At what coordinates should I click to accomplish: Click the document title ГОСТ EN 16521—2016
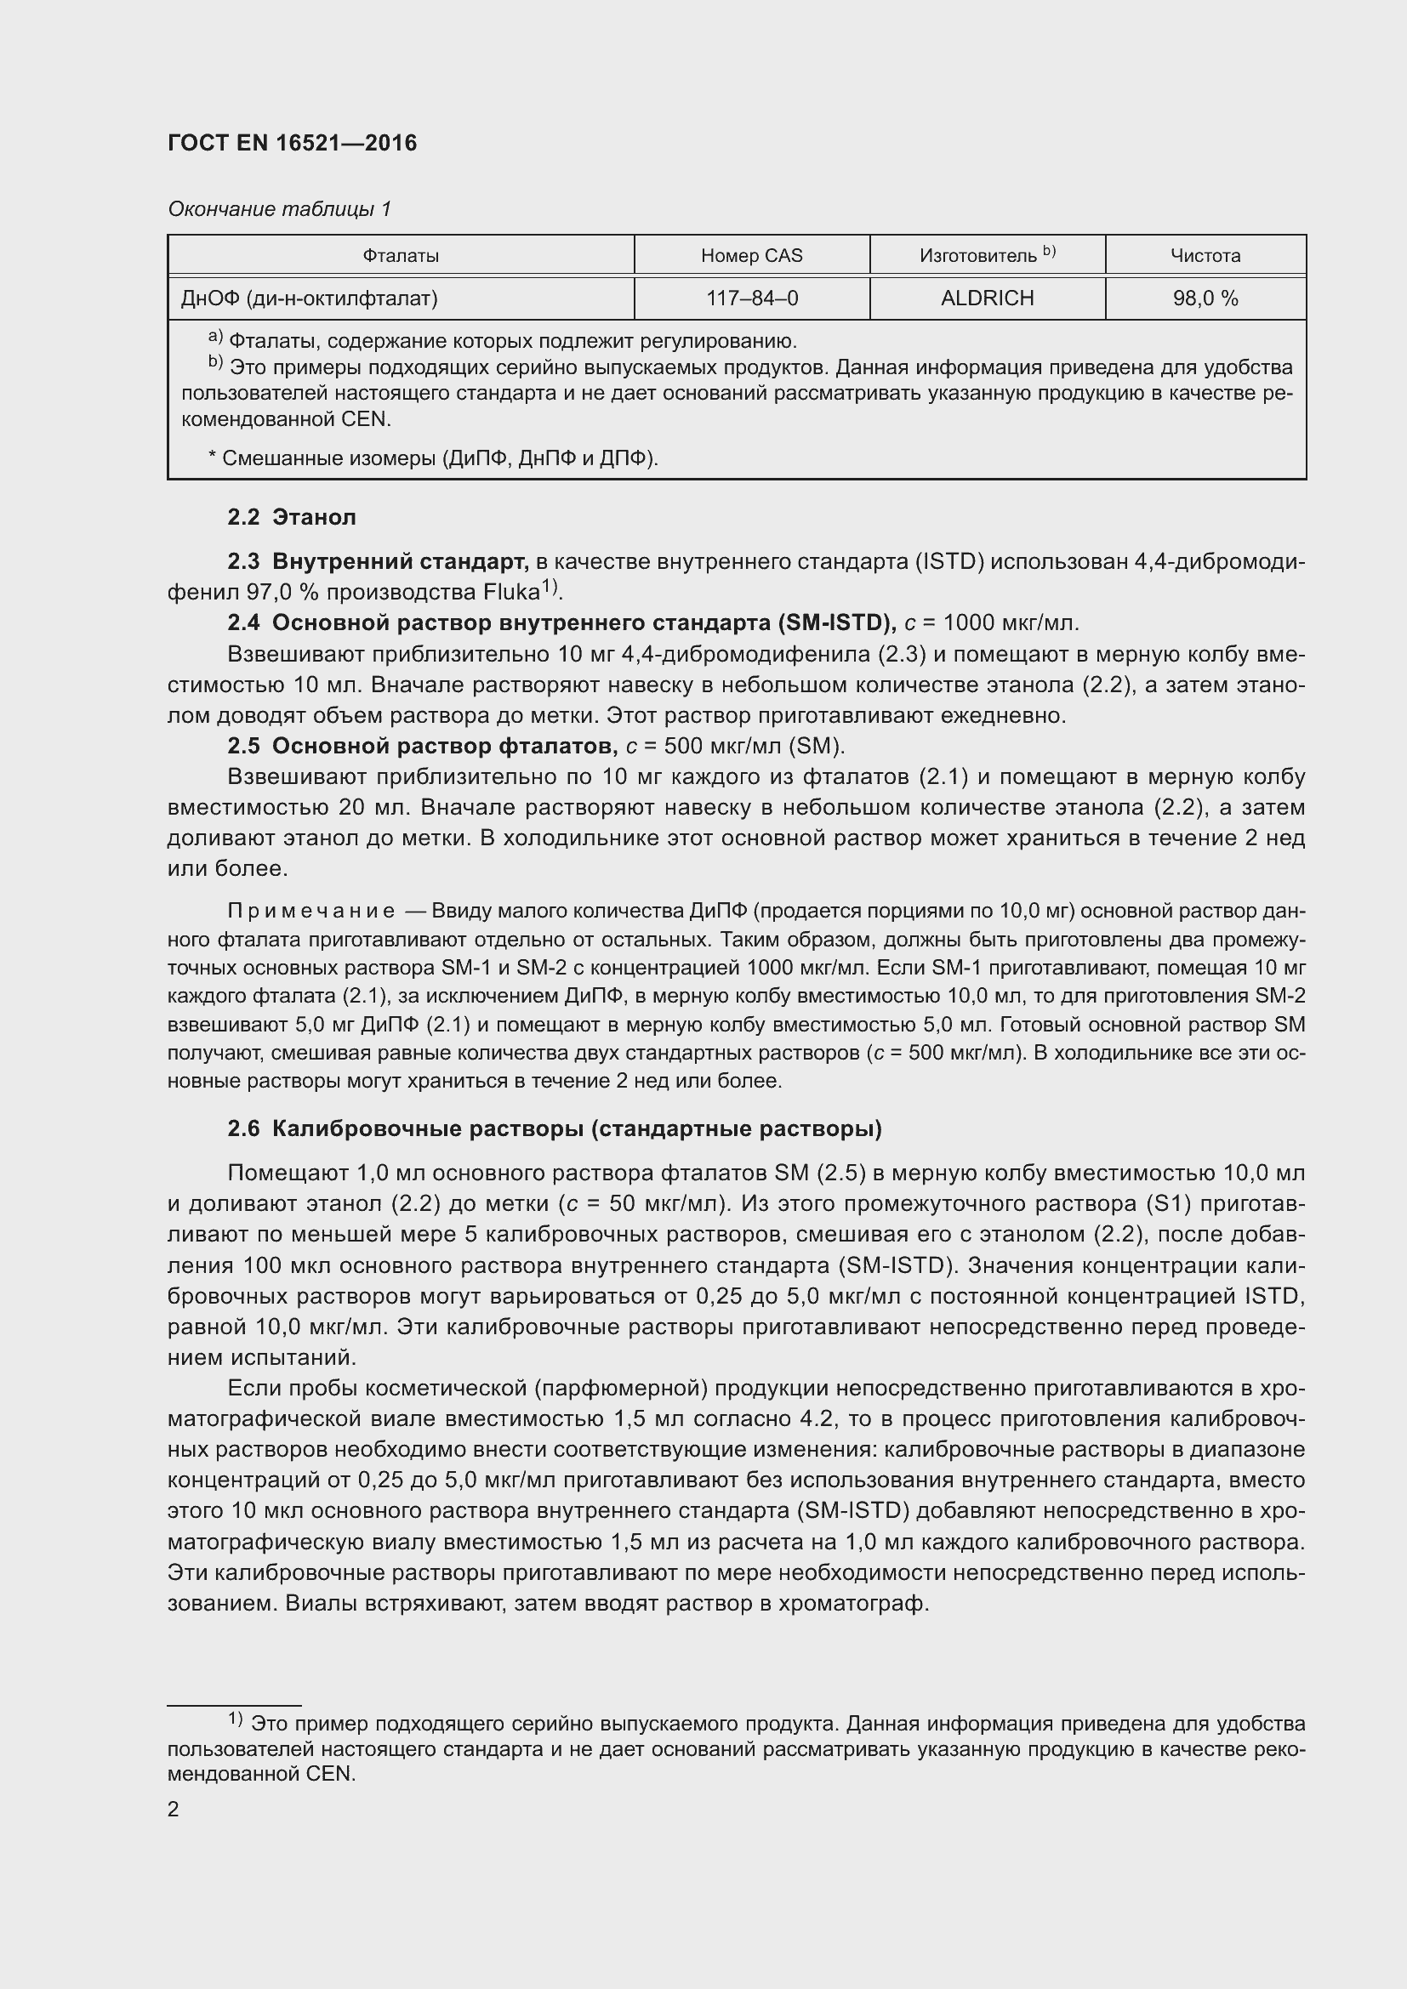[292, 143]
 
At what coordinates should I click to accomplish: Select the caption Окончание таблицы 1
[279, 209]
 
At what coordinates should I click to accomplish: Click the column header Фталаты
[401, 256]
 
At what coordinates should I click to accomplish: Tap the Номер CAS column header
[751, 256]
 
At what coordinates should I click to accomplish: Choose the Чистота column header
[1205, 256]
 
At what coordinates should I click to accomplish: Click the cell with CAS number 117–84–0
[751, 298]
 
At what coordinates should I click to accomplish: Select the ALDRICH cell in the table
[987, 298]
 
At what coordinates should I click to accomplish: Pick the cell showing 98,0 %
[1205, 298]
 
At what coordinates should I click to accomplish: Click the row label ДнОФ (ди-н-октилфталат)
[310, 298]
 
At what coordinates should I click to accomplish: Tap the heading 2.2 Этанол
[291, 517]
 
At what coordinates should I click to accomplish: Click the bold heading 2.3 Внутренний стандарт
[378, 561]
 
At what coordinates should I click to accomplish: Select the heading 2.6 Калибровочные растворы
[555, 1128]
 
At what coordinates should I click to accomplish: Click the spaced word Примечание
[311, 911]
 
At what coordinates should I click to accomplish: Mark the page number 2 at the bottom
[174, 1809]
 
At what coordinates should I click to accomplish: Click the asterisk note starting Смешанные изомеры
[433, 457]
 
